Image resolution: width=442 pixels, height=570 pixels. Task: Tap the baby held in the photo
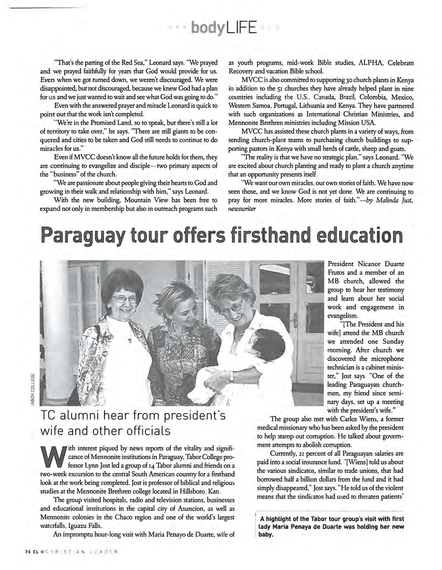click(x=251, y=347)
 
